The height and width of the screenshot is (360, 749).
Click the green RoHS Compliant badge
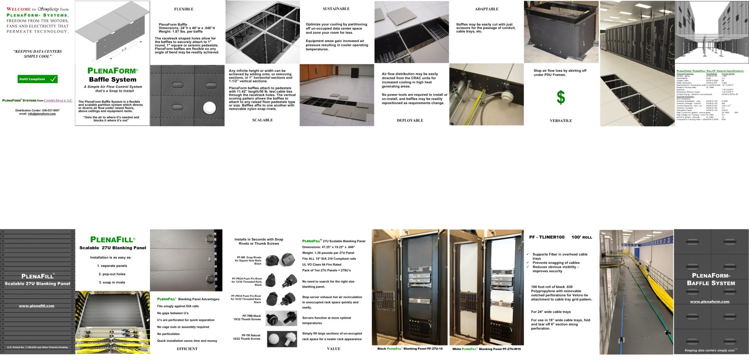[38, 79]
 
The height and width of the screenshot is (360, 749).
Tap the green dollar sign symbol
[561, 98]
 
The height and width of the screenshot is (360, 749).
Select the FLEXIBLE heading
[184, 9]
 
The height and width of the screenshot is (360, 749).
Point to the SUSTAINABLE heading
[336, 9]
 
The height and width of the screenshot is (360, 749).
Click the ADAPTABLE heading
[486, 9]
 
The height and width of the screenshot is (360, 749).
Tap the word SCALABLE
[262, 120]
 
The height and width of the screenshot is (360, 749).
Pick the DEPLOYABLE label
[410, 121]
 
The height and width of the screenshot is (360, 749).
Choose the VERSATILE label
[561, 121]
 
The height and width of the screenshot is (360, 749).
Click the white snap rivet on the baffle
[210, 108]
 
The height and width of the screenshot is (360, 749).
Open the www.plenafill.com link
[37, 306]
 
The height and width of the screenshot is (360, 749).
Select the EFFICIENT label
[187, 349]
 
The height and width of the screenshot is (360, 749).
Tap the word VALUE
[334, 349]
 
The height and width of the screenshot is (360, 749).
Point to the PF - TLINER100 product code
[547, 238]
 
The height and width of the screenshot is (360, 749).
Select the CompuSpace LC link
[58, 101]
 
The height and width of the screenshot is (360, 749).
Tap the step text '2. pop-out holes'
[112, 274]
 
